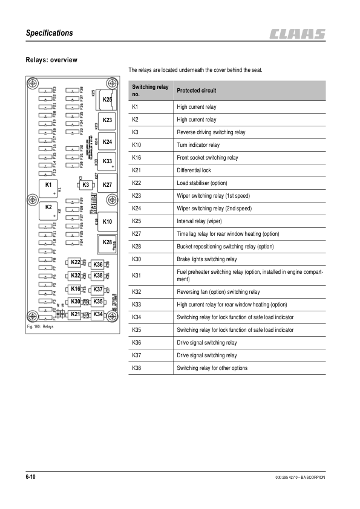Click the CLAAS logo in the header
[x=298, y=34]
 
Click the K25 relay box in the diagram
[x=107, y=99]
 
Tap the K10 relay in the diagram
[x=107, y=222]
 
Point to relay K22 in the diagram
[x=76, y=262]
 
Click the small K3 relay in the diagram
[x=86, y=184]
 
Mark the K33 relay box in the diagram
[x=107, y=162]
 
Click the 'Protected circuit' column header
[x=196, y=91]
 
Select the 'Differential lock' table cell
[x=194, y=170]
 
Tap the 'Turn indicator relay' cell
[x=198, y=145]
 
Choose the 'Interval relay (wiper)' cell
[x=200, y=221]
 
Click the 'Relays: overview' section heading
[x=51, y=60]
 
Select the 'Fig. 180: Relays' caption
[x=41, y=327]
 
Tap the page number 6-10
[x=30, y=478]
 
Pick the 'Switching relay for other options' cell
[x=212, y=368]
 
